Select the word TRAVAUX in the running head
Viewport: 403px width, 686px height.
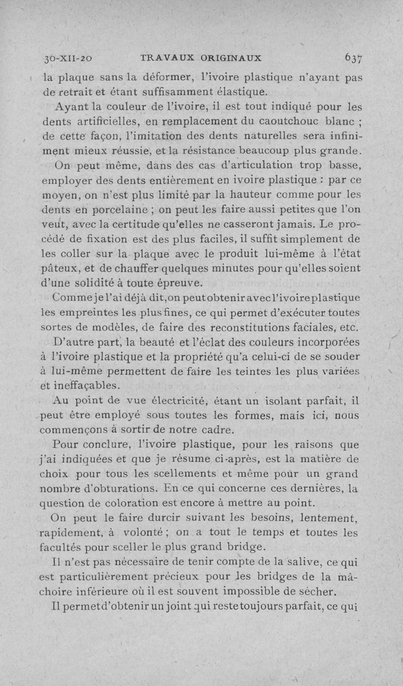point(164,57)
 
